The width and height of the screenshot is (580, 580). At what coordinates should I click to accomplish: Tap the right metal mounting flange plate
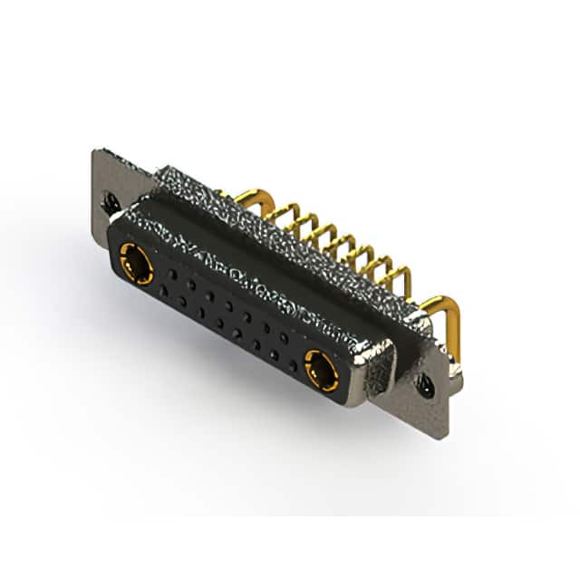(x=433, y=399)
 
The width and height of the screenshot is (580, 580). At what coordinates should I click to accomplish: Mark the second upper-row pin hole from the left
(x=191, y=284)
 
